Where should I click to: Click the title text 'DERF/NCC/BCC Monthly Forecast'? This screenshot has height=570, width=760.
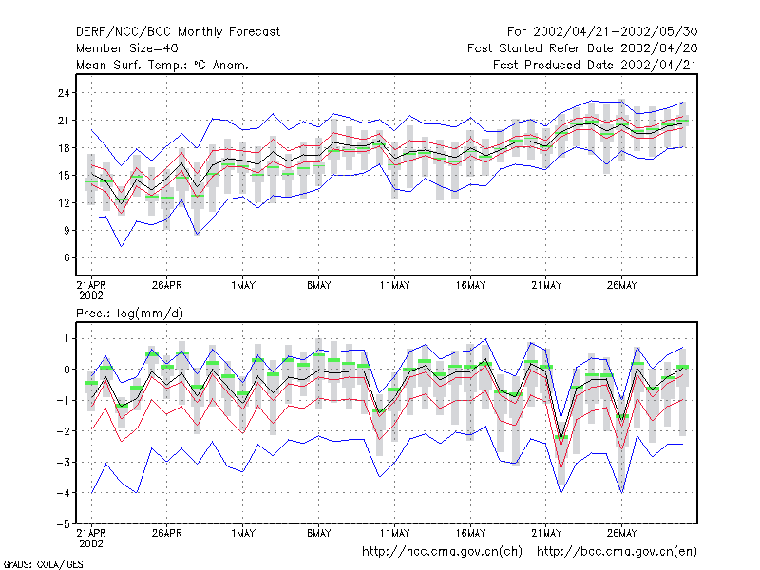point(178,32)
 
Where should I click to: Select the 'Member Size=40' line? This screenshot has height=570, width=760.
point(127,48)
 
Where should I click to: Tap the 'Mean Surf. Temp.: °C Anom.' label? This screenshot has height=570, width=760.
point(162,65)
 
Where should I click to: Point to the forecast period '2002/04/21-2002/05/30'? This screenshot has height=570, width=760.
point(615,32)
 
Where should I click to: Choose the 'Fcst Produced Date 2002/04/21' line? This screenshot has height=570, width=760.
point(596,65)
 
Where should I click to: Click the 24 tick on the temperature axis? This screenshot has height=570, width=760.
point(64,92)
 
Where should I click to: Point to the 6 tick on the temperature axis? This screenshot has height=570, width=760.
point(66,257)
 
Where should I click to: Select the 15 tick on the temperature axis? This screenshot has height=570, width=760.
point(64,175)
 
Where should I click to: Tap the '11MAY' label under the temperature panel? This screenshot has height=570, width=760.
point(394,286)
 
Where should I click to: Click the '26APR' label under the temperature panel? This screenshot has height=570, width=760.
point(167,286)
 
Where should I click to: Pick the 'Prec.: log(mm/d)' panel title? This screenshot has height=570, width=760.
point(129,313)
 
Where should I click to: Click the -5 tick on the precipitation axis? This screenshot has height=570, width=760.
point(64,524)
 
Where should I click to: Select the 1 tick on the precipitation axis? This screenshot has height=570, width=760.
point(66,338)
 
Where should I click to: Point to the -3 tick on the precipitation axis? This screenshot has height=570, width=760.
point(64,462)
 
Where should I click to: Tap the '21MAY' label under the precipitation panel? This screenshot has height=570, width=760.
point(546,534)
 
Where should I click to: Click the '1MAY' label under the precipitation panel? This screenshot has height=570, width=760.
point(243,534)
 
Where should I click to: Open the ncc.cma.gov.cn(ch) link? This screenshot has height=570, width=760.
point(442,552)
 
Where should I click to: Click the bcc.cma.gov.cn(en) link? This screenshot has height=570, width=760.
point(617,552)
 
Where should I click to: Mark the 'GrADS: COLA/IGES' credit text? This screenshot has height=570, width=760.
point(43,564)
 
